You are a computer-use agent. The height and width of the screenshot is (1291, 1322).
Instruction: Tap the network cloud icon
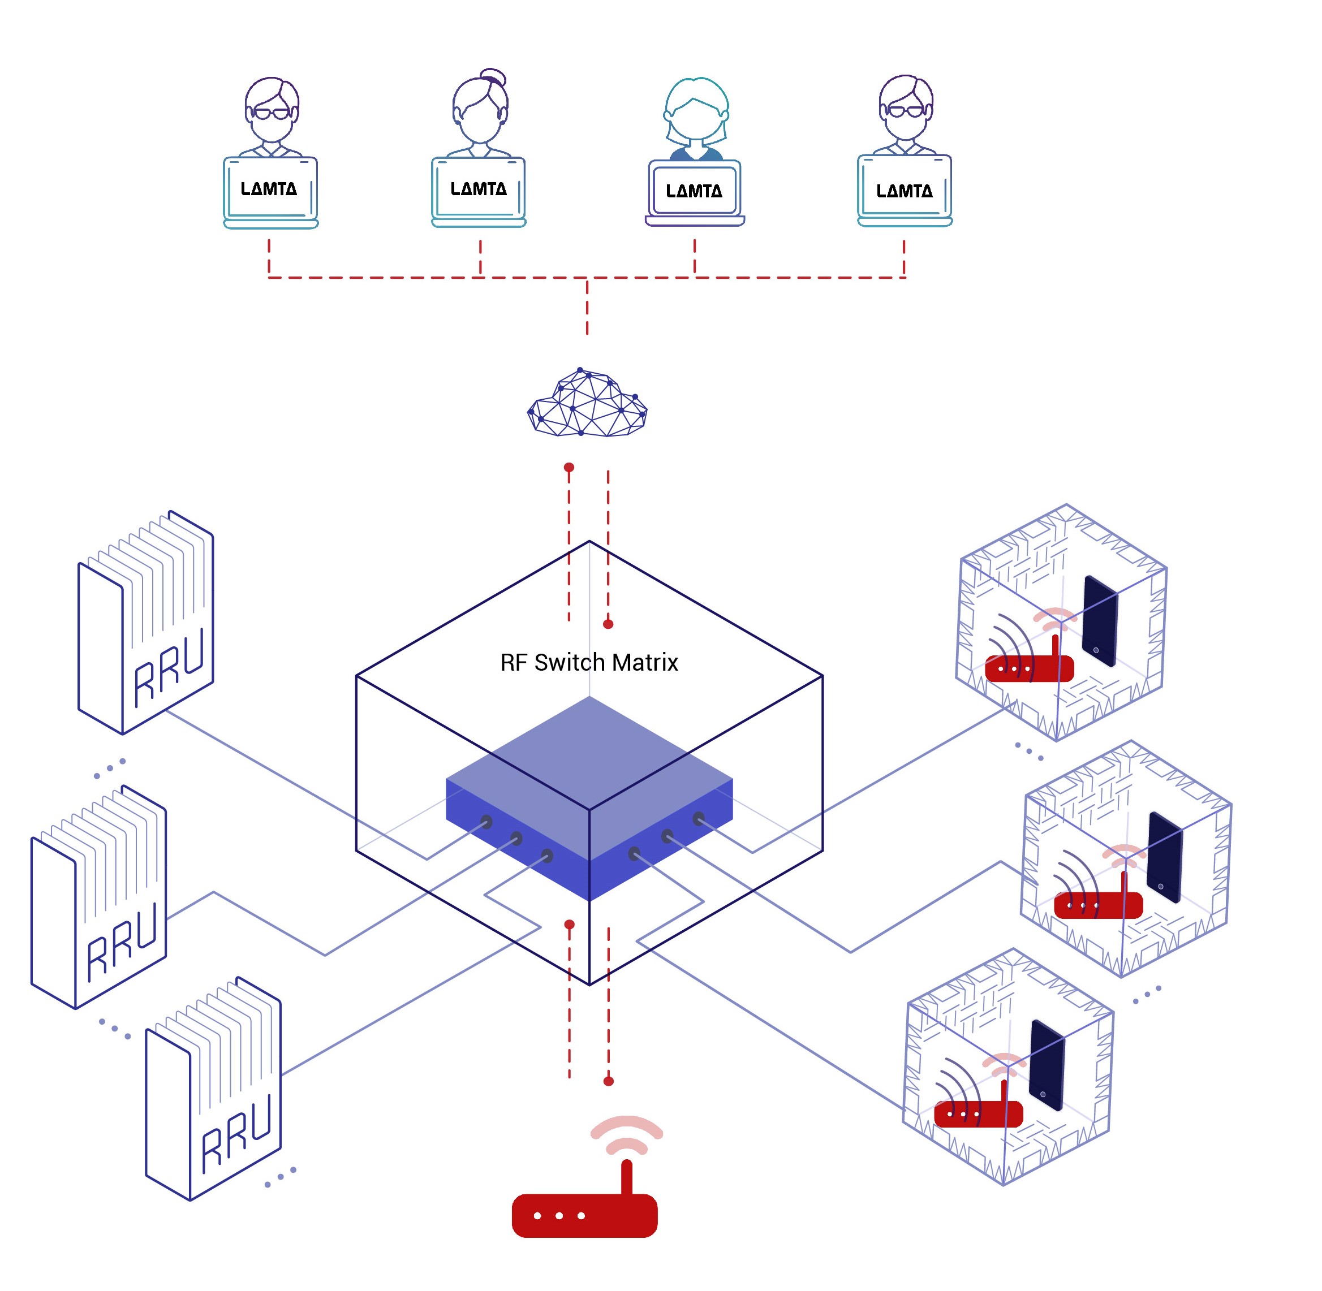[x=587, y=402]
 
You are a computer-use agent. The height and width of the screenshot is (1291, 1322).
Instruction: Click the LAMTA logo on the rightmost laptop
[x=904, y=191]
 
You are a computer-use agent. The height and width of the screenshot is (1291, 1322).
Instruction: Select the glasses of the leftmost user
[x=272, y=113]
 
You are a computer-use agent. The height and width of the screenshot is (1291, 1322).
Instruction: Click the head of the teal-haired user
[x=696, y=112]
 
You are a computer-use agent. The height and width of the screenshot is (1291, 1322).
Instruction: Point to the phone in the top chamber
[x=1100, y=620]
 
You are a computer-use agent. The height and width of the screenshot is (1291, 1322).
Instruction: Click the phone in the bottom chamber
[x=1047, y=1065]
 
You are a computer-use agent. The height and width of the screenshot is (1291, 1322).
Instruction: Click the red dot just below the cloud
[x=569, y=467]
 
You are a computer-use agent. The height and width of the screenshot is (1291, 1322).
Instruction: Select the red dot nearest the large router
[x=609, y=1081]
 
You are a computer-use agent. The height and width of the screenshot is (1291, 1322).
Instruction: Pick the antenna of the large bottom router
[x=627, y=1178]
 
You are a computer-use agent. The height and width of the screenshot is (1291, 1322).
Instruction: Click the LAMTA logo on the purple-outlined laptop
[x=694, y=191]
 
